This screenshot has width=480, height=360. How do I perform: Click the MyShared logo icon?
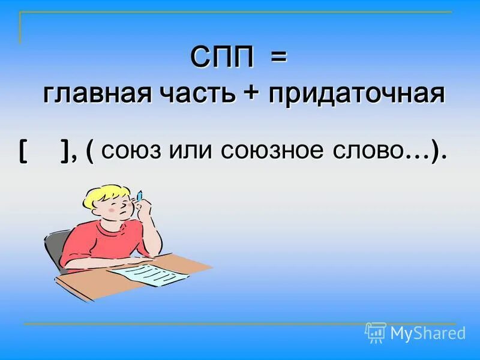pyautogui.click(x=376, y=332)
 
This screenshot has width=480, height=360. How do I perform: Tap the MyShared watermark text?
pyautogui.click(x=427, y=332)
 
